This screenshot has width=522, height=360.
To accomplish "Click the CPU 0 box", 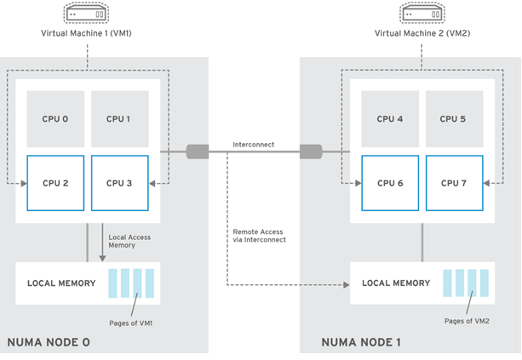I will pos(54,119).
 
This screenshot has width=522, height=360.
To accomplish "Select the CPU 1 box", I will pos(119,119).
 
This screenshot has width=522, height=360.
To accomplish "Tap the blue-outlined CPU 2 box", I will pos(54,183).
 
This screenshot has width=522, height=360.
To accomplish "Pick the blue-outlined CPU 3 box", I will pos(119,183).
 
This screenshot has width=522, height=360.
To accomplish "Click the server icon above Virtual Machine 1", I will pos(86,14).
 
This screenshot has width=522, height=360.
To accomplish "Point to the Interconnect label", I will pos(254,145).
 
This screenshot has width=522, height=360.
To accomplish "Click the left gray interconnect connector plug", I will pos(197,151).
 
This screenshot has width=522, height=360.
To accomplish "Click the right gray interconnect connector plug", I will pos(309,151).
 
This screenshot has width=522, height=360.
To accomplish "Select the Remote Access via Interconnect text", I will pos(259,236).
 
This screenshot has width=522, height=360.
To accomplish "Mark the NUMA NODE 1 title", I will pos(361,342).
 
